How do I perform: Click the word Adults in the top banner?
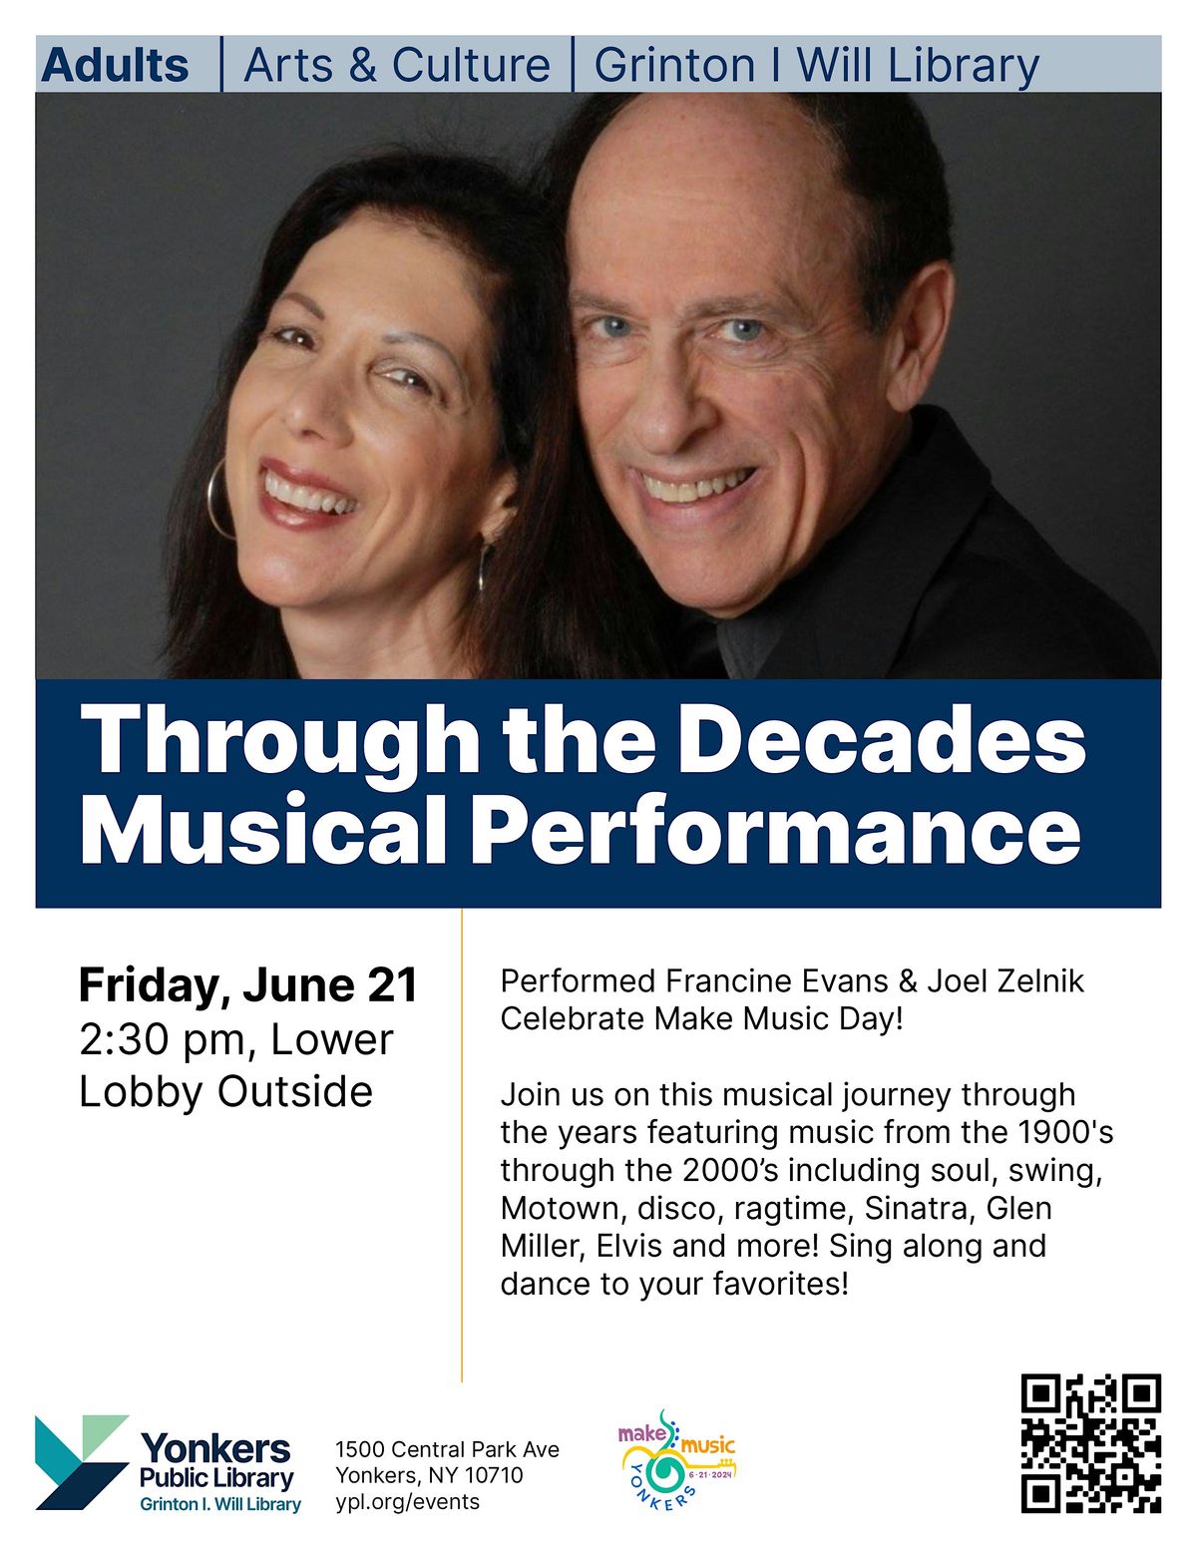115,66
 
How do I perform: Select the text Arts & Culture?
396,66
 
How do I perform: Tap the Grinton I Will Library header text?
816,66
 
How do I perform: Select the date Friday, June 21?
247,985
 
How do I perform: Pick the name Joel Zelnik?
1005,981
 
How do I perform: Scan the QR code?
1090,1442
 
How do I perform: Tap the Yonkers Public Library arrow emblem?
80,1461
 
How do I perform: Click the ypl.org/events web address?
407,1502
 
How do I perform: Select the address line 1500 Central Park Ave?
447,1449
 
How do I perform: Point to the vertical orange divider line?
462,1147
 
